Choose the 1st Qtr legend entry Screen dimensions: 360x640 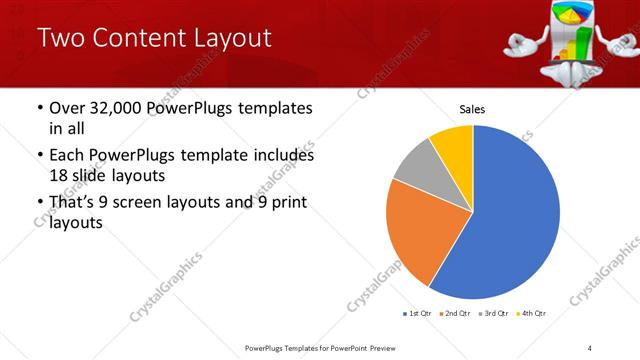[x=418, y=313]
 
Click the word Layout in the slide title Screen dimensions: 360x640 [x=221, y=39]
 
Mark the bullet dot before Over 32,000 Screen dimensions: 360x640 [x=39, y=108]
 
